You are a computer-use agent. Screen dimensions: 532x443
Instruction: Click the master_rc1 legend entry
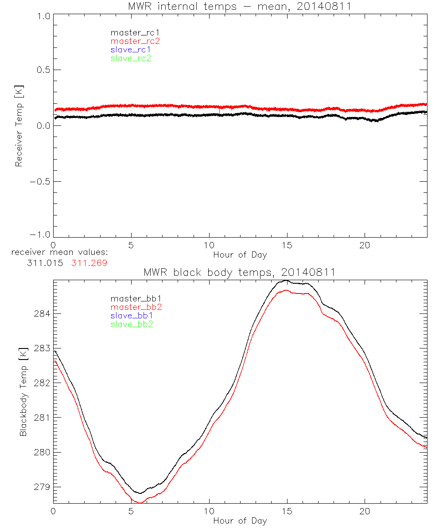point(131,32)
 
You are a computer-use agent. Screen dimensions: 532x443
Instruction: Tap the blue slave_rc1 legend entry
point(131,50)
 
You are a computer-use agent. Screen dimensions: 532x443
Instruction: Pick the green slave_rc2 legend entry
point(131,58)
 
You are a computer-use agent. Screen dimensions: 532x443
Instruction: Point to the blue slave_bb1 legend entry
point(132,316)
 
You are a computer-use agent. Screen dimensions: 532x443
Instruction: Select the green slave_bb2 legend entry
point(132,324)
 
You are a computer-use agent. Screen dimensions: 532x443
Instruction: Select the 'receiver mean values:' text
point(60,253)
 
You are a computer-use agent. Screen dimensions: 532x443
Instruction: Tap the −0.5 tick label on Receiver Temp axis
point(40,181)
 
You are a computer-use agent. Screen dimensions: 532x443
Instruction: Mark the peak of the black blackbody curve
point(287,280)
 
